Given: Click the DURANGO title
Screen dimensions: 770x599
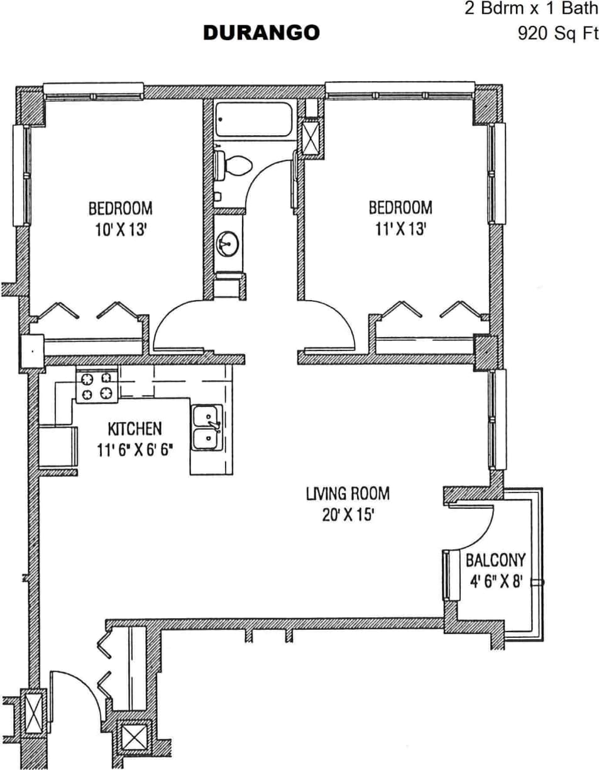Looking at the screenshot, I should tap(261, 33).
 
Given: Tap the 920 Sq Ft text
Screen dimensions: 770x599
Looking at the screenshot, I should tap(558, 33).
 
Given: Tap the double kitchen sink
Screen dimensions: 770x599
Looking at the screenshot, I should tap(207, 428).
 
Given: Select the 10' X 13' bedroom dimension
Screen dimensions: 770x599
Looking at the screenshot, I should tap(120, 230).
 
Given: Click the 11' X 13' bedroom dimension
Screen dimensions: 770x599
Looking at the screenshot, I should tap(400, 230).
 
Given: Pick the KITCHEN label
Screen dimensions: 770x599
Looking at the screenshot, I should tap(135, 429).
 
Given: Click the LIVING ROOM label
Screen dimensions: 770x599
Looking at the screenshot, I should tap(348, 493).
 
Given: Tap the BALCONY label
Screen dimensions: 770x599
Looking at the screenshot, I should tap(495, 560).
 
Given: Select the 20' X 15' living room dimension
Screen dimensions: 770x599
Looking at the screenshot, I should tap(348, 515).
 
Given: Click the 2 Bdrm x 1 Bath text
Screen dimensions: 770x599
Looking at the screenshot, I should tap(531, 10).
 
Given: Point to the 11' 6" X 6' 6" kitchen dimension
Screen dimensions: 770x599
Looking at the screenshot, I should tap(135, 450).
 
